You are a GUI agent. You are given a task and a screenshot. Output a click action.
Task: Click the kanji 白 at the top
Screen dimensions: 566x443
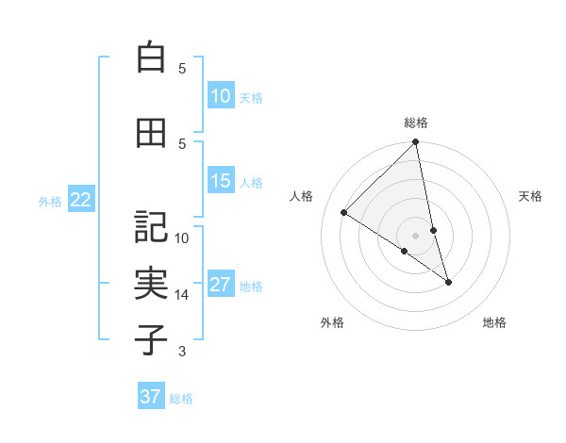point(151,57)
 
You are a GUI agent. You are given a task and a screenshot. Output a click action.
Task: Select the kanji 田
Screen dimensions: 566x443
point(151,133)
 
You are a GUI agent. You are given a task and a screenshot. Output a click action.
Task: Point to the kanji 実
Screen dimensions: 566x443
point(151,283)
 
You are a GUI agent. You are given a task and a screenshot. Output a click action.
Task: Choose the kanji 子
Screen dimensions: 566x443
point(151,339)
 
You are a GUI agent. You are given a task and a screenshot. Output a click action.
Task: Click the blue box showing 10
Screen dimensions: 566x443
point(221,96)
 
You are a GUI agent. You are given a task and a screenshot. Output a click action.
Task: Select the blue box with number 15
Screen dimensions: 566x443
point(221,181)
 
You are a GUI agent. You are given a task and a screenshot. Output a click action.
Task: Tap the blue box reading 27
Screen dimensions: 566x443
point(221,285)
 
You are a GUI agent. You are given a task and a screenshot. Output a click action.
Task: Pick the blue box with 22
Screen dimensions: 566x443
point(81,199)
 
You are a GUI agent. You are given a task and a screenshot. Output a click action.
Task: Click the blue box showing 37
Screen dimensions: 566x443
point(151,397)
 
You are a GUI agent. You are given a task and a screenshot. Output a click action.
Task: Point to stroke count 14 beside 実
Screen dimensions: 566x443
point(182,295)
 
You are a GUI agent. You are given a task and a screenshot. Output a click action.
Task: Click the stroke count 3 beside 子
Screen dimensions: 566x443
point(182,352)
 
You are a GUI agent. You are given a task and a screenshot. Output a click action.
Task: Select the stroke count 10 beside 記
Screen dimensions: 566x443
point(182,238)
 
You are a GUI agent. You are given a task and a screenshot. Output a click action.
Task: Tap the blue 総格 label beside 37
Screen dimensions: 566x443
point(181,399)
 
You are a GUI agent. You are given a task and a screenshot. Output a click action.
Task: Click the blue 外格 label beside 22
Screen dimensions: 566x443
point(50,201)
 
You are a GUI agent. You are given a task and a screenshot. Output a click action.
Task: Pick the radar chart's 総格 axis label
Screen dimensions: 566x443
point(416,123)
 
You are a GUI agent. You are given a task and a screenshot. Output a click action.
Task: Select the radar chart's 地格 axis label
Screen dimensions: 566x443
point(494,323)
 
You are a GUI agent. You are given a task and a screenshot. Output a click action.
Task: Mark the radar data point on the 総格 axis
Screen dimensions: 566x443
point(416,142)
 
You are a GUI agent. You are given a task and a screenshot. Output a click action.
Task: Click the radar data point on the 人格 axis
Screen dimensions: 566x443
point(344,212)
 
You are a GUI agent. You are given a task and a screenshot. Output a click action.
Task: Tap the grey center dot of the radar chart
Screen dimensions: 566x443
point(416,235)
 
